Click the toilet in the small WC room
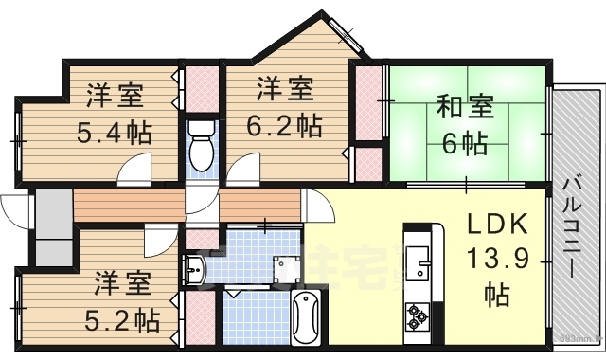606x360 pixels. pos(199,144)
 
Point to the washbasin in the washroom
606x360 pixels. pos(195,270)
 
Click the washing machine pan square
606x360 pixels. pos(286,271)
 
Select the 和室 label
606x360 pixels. pos(464,106)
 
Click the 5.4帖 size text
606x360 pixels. pos(115,130)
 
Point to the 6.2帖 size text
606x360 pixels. pos(284,123)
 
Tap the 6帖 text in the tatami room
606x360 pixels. pos(464,144)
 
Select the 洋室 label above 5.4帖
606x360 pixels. pos(116,96)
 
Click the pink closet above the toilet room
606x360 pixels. pos(199,87)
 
